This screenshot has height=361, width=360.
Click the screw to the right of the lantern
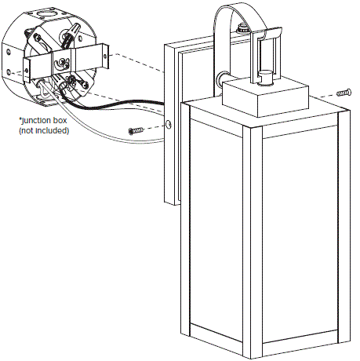click(x=343, y=93)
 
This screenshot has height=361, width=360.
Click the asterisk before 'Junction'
click(x=20, y=119)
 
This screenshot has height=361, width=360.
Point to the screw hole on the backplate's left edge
click(x=169, y=124)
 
